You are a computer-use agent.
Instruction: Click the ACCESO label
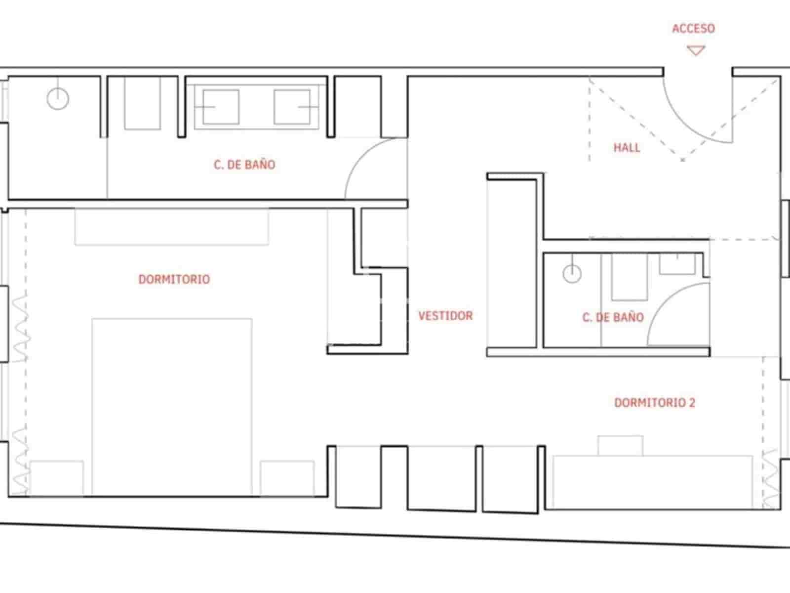point(693,29)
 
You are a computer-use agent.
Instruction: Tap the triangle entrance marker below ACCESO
point(696,50)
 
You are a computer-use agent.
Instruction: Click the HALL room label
point(627,147)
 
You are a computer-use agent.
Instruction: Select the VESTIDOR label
point(445,316)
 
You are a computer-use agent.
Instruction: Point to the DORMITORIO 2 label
point(654,403)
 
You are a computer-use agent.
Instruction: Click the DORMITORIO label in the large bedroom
point(174,279)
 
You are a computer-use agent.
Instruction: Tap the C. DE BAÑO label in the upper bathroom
point(244,165)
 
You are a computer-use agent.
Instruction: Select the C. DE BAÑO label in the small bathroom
point(613,317)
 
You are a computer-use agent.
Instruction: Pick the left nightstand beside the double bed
point(56,478)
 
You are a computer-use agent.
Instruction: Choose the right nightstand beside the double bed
point(287,478)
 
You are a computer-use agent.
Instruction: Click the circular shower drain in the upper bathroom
point(58,98)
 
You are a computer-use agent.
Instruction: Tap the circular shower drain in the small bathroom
point(572,273)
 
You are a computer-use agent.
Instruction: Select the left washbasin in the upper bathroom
point(221,107)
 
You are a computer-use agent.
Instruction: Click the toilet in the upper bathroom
point(142,104)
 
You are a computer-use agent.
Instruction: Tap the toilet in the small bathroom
point(630,277)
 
